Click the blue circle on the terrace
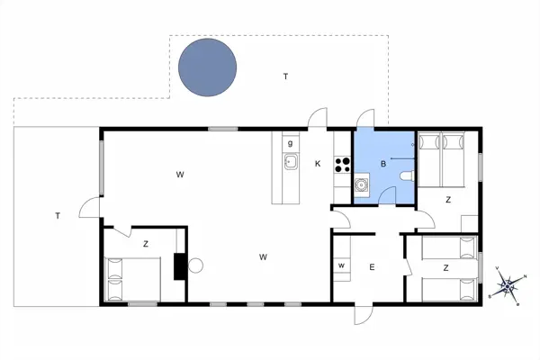[208, 68]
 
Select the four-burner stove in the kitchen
[342, 164]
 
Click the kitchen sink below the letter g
[291, 162]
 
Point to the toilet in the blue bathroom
[407, 175]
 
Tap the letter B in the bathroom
[383, 164]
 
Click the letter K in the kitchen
[318, 164]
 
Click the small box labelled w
[341, 267]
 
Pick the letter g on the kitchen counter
[290, 143]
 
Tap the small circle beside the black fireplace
[195, 265]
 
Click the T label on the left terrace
[57, 216]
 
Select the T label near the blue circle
[285, 76]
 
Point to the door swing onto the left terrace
[90, 208]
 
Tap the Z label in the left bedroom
[145, 244]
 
